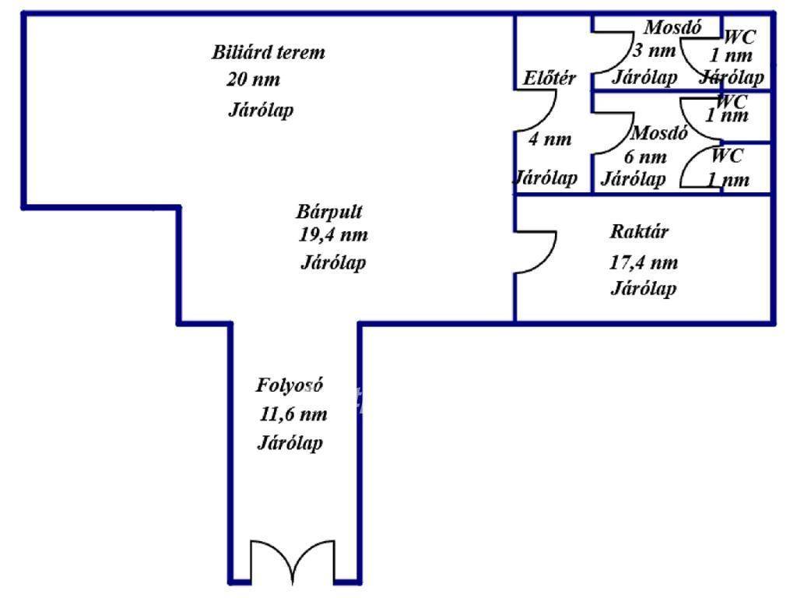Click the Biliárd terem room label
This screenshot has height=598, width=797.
coord(268,53)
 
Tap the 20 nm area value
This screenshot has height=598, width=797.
coord(253,79)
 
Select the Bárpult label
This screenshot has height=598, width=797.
coord(330,211)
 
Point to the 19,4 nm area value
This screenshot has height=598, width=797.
coord(333,234)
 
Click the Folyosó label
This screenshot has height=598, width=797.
coord(290,385)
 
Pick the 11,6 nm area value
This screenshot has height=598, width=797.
coord(293,414)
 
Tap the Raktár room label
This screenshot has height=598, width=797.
coord(639,231)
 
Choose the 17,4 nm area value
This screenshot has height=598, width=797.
coord(643,262)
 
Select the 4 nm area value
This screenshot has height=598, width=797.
coord(549,139)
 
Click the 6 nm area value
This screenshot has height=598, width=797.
coord(645,157)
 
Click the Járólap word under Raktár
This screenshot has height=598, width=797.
coord(643,289)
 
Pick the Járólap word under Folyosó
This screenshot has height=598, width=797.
coord(290,443)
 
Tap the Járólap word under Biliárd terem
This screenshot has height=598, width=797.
coord(261,110)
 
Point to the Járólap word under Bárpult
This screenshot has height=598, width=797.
coord(333,262)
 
